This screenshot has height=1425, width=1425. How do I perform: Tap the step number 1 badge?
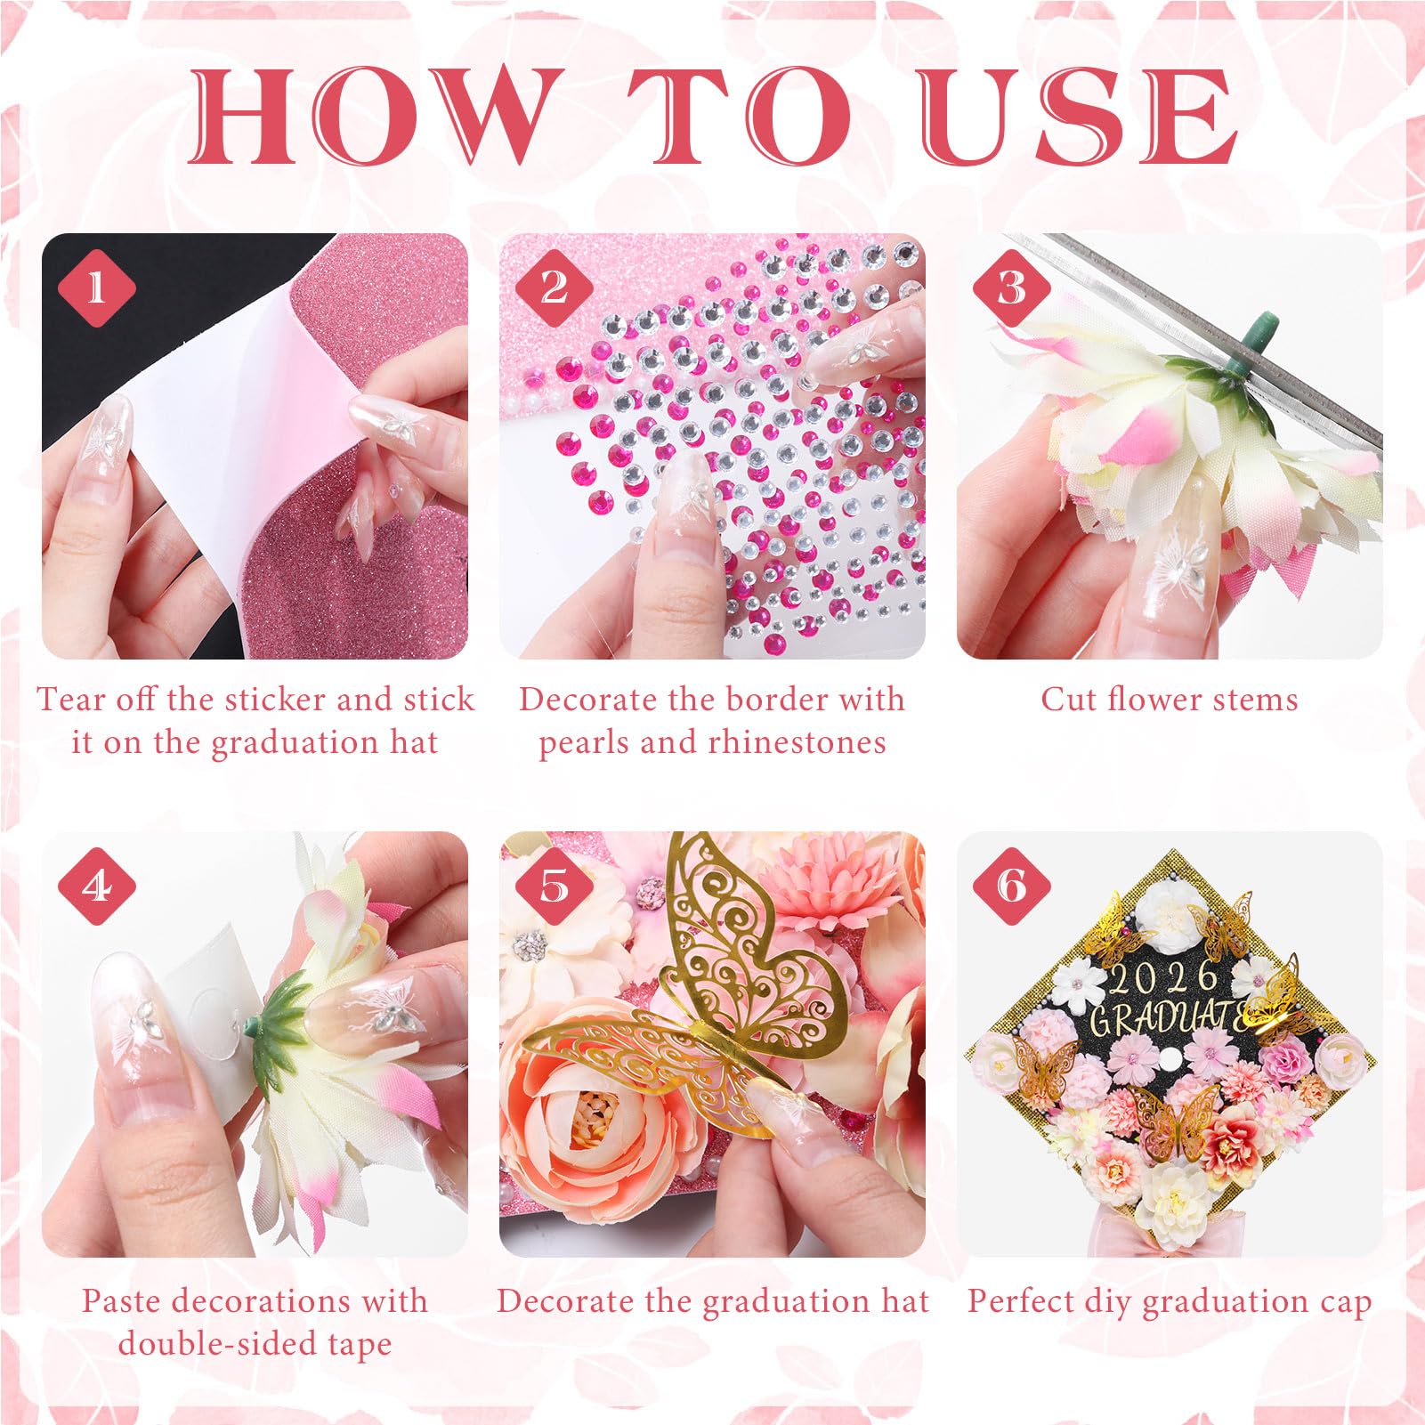click(96, 287)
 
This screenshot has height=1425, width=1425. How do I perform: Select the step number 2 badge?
click(554, 287)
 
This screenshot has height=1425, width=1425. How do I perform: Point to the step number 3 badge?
click(1011, 287)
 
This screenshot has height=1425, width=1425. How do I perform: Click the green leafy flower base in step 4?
click(280, 1024)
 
